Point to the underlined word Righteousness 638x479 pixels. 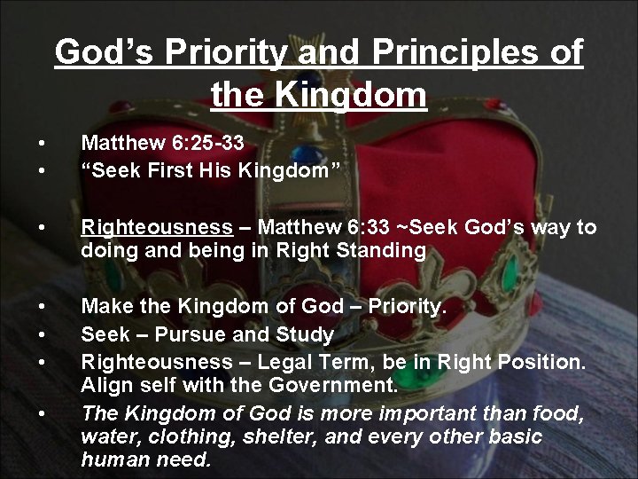(142, 228)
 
